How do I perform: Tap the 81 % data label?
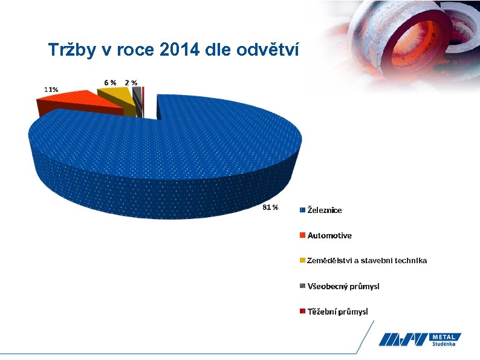270,208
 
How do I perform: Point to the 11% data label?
51,90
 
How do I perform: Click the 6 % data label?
110,82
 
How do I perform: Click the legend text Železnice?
325,210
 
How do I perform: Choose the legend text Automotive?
329,235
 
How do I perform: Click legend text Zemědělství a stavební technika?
367,261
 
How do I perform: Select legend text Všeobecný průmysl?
343,286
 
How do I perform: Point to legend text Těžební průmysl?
337,312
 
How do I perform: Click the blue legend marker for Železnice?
302,210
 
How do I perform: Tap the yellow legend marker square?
302,261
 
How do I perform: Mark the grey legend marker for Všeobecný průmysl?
302,286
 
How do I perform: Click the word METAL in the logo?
446,336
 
